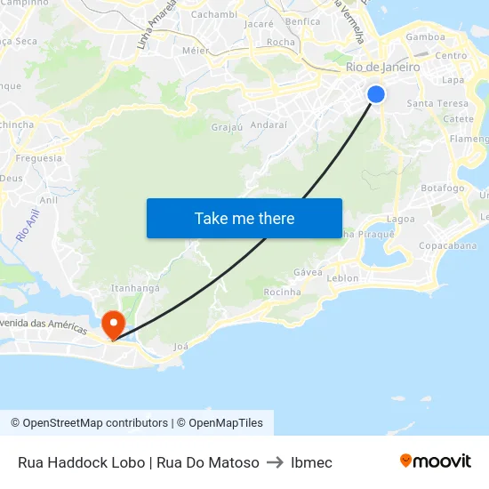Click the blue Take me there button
[244, 218]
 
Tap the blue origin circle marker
[376, 94]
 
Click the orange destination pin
[114, 324]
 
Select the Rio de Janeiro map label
[382, 67]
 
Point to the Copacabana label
[448, 245]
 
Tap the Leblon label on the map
[343, 278]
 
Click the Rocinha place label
[283, 292]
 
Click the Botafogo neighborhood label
[442, 188]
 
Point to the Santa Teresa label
[437, 104]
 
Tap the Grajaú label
[227, 127]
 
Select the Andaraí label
[269, 125]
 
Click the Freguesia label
[39, 158]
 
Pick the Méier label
[195, 51]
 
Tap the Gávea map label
[308, 272]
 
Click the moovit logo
[436, 461]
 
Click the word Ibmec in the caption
[311, 462]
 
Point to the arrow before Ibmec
[275, 462]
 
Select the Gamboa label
[425, 37]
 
